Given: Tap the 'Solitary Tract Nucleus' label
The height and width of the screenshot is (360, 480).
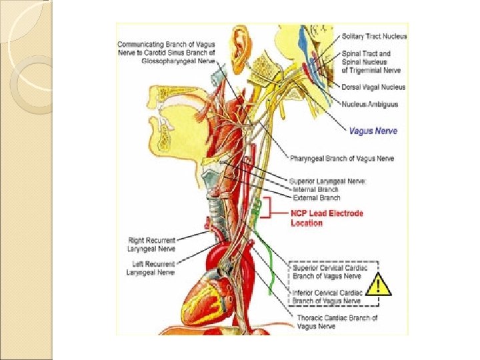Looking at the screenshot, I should click(373, 37).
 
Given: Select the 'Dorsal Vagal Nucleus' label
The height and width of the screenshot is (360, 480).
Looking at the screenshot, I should click(373, 87).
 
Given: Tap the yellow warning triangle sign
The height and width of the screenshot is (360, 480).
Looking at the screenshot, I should click(379, 285).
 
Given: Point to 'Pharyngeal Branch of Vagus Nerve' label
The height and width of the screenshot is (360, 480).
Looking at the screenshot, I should click(342, 159).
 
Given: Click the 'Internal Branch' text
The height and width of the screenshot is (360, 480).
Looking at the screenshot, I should click(316, 189).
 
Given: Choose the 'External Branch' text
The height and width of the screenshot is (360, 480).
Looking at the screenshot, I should click(317, 198).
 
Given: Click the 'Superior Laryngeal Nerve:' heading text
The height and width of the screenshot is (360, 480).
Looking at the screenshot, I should click(328, 181).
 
